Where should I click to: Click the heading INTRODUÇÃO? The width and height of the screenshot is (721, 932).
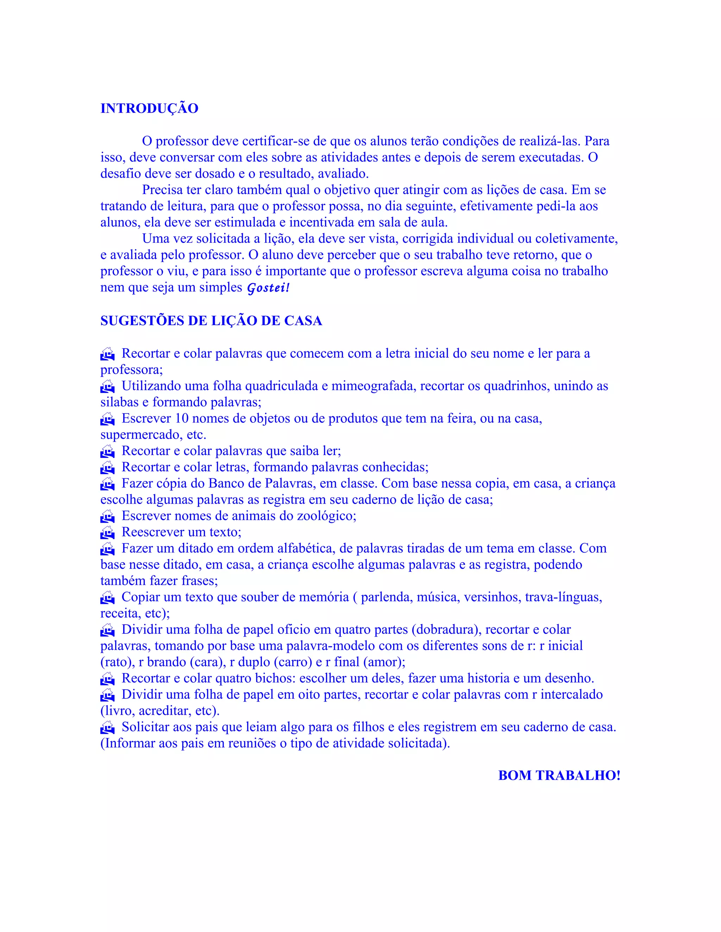pyautogui.click(x=149, y=108)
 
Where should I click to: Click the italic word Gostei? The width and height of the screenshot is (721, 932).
pyautogui.click(x=268, y=288)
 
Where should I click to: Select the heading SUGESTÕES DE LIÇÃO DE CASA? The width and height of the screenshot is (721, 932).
pyautogui.click(x=211, y=321)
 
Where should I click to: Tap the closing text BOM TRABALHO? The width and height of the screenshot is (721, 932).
pyautogui.click(x=559, y=775)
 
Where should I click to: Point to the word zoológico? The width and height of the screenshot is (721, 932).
pyautogui.click(x=326, y=516)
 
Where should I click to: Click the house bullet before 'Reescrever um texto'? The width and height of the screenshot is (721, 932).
pyautogui.click(x=108, y=532)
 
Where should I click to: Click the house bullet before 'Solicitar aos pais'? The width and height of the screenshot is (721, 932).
pyautogui.click(x=108, y=727)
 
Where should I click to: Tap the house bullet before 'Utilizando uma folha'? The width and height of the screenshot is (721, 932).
pyautogui.click(x=108, y=387)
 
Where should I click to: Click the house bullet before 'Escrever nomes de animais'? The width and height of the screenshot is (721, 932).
pyautogui.click(x=108, y=516)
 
